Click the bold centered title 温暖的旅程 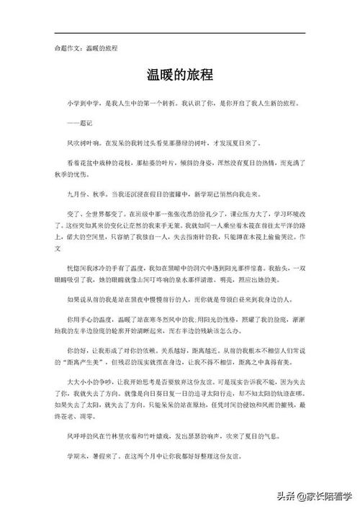coord(180,74)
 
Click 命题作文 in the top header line coord(68,48)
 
